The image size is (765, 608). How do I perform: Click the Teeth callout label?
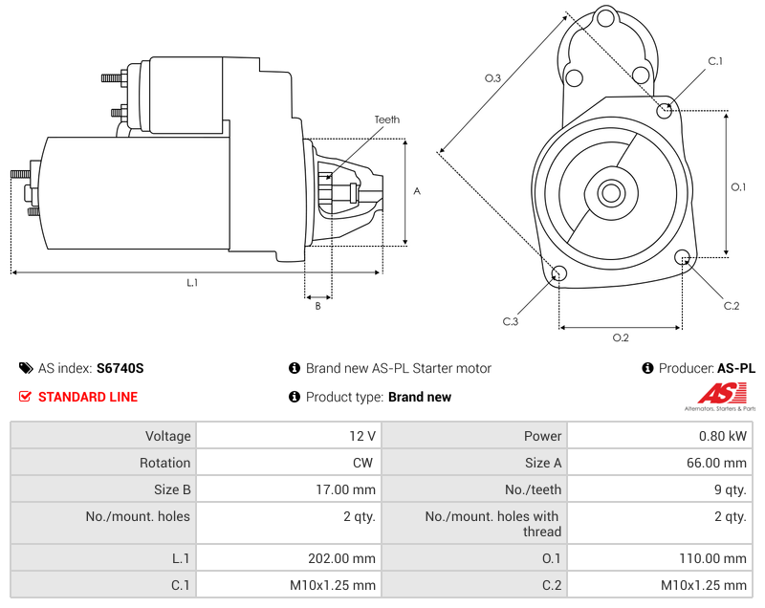click(386, 119)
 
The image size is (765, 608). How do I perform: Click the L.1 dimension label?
click(191, 283)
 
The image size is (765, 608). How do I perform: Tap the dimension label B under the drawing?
click(317, 306)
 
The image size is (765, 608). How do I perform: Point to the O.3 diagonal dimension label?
click(492, 78)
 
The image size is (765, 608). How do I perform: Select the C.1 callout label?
click(714, 61)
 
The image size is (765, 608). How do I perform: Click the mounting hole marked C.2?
click(683, 257)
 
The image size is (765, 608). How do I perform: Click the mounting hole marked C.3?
click(560, 275)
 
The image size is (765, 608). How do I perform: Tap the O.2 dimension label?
click(620, 337)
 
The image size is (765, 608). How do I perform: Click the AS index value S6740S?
click(120, 368)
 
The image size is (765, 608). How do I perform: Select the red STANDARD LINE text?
click(87, 397)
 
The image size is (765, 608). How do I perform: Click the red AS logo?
click(718, 393)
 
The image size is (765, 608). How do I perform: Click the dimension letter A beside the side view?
click(416, 191)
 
